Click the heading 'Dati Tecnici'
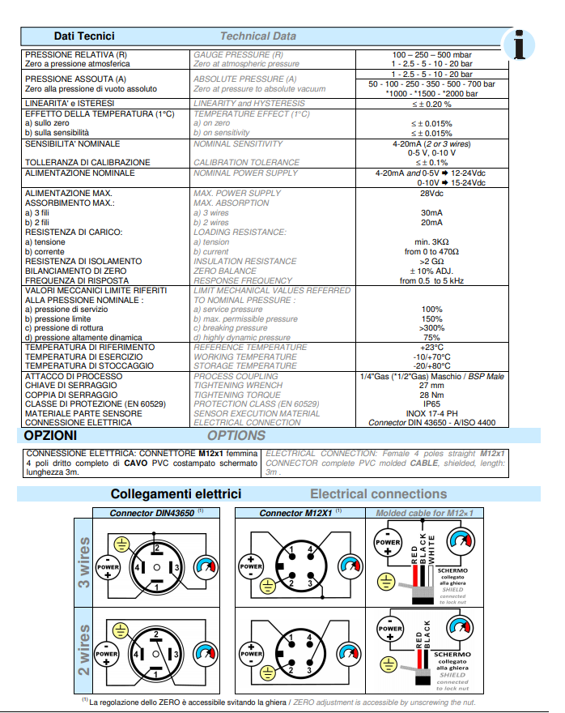(84, 36)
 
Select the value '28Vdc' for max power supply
(431, 194)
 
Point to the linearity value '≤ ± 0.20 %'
(431, 104)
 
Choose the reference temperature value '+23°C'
(431, 347)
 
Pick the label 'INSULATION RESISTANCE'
(244, 261)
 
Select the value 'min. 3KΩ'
(431, 241)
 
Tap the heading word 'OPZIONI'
(50, 436)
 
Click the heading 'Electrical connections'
(378, 493)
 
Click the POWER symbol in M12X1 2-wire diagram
(253, 651)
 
